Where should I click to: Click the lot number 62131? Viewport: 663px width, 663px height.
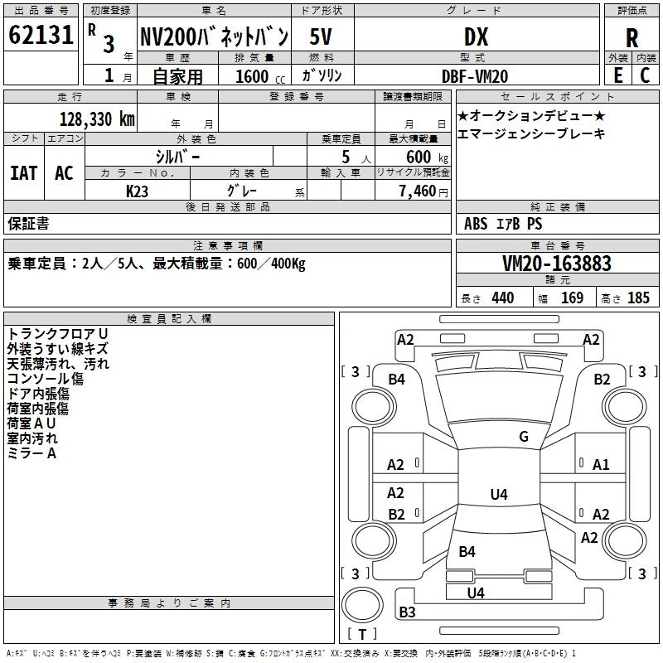point(41,35)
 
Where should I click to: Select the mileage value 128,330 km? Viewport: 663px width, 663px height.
point(97,119)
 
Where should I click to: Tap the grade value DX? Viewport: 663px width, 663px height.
point(476,36)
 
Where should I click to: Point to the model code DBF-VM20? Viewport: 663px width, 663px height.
point(475,76)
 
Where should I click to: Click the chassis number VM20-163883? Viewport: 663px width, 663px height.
point(557,264)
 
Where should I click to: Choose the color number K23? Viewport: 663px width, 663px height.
point(137,191)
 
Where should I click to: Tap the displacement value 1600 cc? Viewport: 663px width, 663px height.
point(260,76)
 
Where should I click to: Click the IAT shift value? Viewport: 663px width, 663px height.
point(24,173)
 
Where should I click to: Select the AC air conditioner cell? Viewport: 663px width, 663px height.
point(65,173)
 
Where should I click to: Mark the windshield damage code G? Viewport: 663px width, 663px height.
point(524,436)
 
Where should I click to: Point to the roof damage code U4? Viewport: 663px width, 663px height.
point(499,494)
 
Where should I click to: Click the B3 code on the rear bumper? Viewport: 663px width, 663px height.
point(407,612)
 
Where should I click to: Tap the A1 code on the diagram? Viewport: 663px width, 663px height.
point(601,465)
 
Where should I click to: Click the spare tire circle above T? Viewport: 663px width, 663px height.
point(362,605)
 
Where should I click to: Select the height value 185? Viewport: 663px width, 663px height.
point(638,298)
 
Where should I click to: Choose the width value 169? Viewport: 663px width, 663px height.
point(572,298)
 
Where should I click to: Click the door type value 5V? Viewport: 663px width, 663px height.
point(321,36)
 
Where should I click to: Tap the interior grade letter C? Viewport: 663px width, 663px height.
point(645,75)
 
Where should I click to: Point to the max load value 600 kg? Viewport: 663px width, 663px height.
point(427,157)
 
